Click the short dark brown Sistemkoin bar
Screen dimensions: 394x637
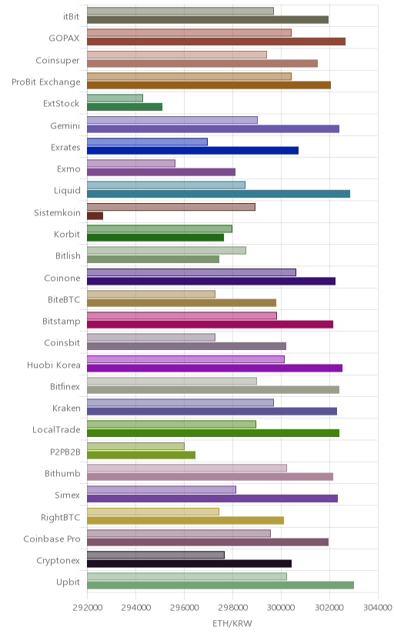95,215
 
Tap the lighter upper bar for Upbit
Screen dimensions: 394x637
187,576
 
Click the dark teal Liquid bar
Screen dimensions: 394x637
219,194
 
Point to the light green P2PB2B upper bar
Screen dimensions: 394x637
135,446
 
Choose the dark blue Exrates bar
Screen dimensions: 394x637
192,150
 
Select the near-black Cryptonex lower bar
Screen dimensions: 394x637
189,563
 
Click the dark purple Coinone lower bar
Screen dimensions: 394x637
211,281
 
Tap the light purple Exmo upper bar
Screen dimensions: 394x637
131,163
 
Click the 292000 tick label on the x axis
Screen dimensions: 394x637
87,608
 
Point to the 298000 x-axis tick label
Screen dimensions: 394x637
232,608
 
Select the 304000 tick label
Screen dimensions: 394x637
378,608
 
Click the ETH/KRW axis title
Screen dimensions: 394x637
232,624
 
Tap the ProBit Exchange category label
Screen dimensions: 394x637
46,82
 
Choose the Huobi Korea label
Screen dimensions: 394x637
54,365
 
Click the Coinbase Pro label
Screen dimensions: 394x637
52,539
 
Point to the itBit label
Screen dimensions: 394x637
71,17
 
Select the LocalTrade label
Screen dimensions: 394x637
56,430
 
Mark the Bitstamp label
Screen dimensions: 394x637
62,322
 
